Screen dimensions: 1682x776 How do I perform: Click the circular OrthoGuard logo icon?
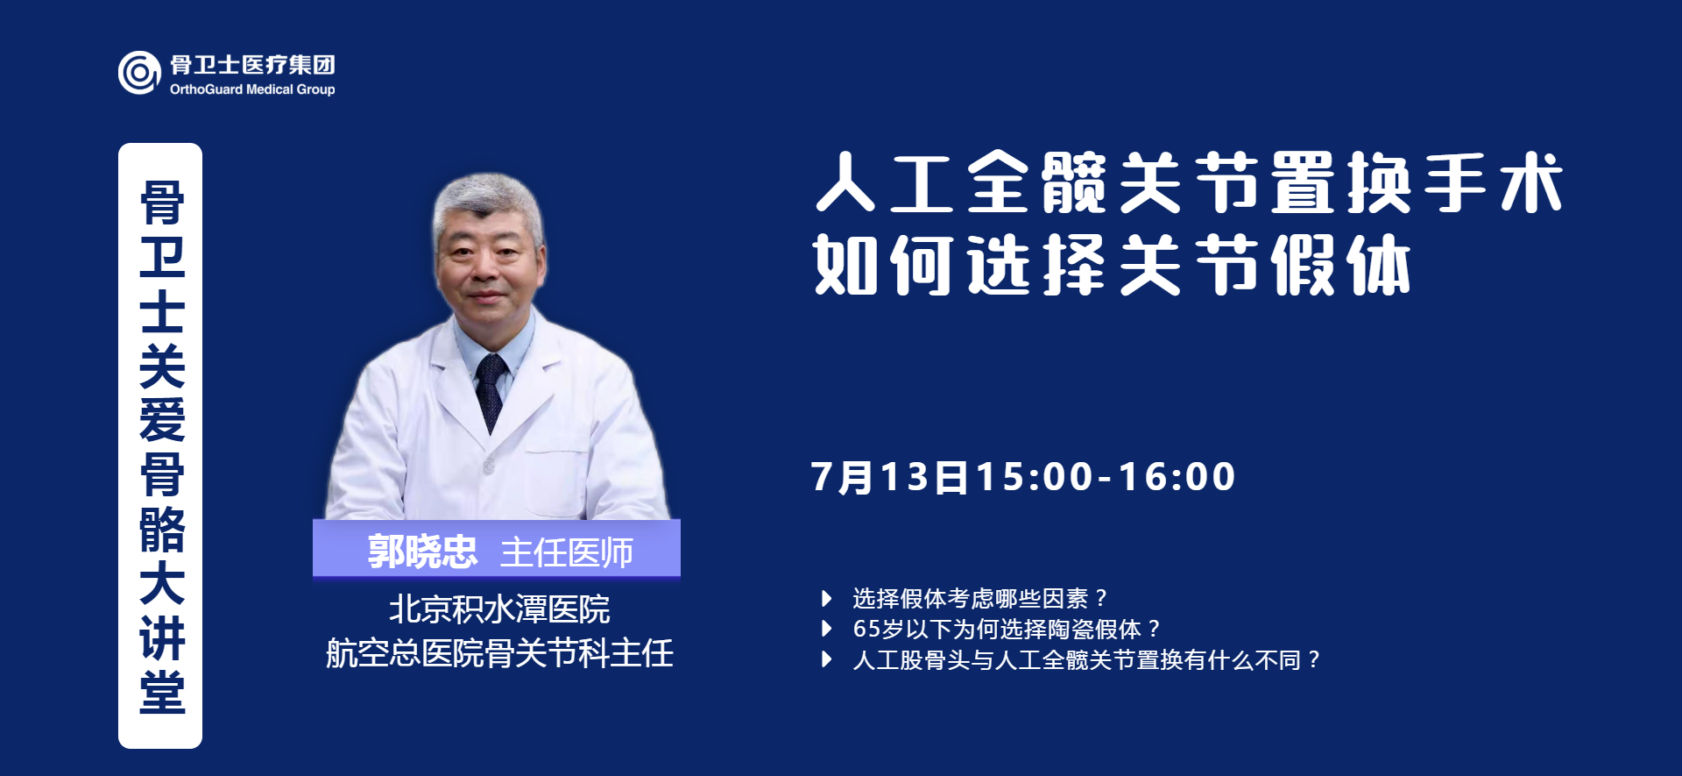139,73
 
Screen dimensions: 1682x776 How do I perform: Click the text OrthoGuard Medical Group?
252,89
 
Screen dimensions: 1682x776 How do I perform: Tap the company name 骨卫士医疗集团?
252,65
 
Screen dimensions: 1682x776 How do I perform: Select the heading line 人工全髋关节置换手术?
1190,182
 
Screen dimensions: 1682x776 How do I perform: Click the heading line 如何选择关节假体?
1112,264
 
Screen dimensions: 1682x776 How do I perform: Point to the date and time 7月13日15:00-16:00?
1023,477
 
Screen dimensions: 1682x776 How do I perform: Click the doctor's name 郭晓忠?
422,552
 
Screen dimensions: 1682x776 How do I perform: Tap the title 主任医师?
567,553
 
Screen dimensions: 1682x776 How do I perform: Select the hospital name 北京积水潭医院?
499,609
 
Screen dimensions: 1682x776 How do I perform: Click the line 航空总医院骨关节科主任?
499,653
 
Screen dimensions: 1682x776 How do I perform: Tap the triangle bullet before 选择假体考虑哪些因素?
826,599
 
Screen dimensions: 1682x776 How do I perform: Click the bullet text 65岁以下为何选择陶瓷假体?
1007,630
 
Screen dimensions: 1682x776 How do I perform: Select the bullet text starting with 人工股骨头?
1086,660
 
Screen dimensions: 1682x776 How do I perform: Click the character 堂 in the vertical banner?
162,692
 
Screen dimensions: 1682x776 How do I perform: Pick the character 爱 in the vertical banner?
162,419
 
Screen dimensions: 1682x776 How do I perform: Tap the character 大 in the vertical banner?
162,583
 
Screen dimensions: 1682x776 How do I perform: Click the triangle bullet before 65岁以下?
826,629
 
